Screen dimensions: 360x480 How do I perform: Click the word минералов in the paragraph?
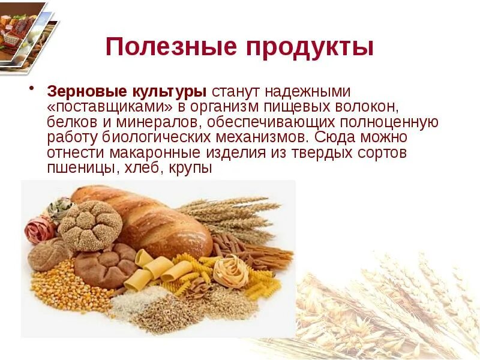pos(163,122)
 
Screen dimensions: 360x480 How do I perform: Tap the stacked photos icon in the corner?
pos(27,33)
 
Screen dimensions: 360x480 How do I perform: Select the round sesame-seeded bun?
pos(90,225)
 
